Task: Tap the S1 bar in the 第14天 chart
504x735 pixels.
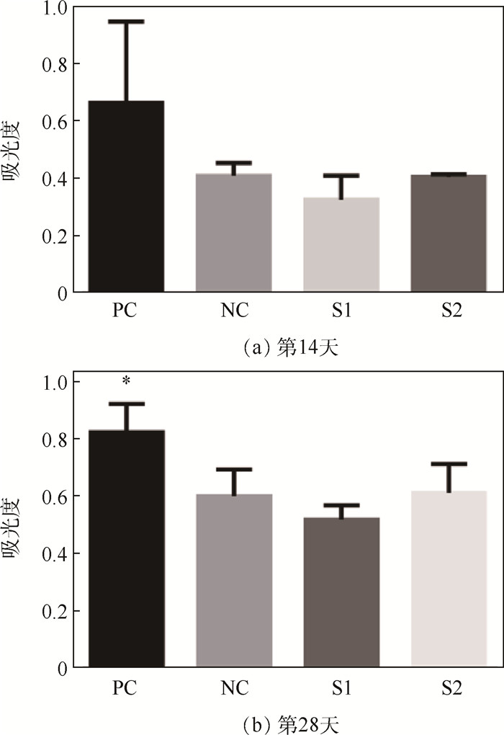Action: pyautogui.click(x=341, y=245)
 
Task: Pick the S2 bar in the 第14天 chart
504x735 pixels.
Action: pyautogui.click(x=448, y=233)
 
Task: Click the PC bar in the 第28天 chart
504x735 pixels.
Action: pyautogui.click(x=127, y=548)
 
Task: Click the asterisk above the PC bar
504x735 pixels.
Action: pyautogui.click(x=127, y=380)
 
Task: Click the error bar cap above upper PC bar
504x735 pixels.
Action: pyautogui.click(x=127, y=22)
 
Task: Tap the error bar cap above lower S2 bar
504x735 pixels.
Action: pyautogui.click(x=448, y=463)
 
